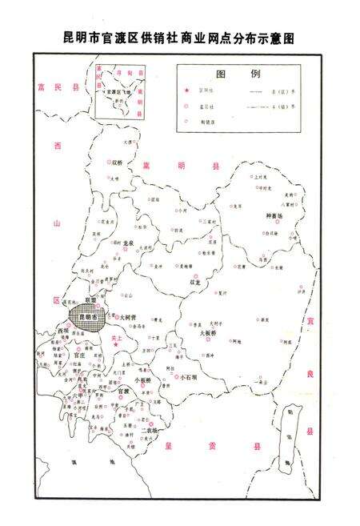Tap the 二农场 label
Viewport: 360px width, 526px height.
point(150,430)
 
